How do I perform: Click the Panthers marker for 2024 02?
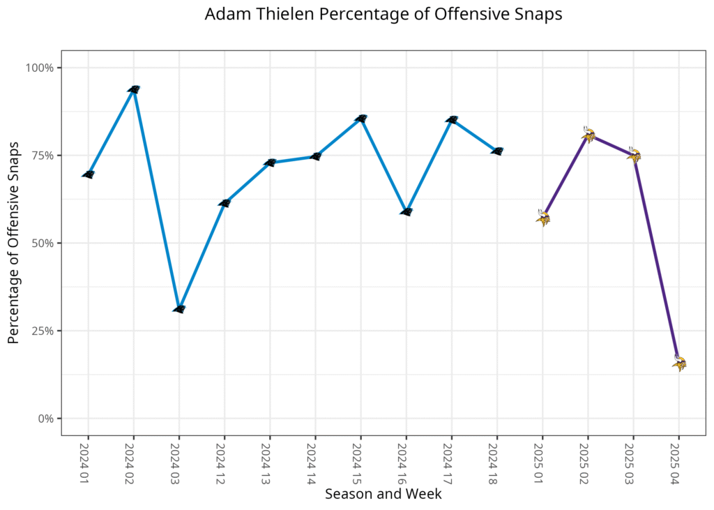click(x=134, y=89)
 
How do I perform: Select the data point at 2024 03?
click(x=179, y=308)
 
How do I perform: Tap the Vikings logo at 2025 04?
click(x=679, y=363)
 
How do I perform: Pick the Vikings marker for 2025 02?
click(x=588, y=135)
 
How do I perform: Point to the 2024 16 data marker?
click(x=407, y=211)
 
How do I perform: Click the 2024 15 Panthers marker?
click(x=360, y=119)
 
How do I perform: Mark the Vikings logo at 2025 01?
click(x=543, y=218)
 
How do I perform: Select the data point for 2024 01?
click(x=89, y=174)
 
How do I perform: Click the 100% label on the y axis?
click(x=40, y=68)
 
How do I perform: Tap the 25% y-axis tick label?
click(x=43, y=331)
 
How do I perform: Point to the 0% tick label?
click(x=46, y=419)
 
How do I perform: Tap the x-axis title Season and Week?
click(x=383, y=494)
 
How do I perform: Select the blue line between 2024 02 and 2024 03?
click(x=157, y=199)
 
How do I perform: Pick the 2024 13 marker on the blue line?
click(x=271, y=163)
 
